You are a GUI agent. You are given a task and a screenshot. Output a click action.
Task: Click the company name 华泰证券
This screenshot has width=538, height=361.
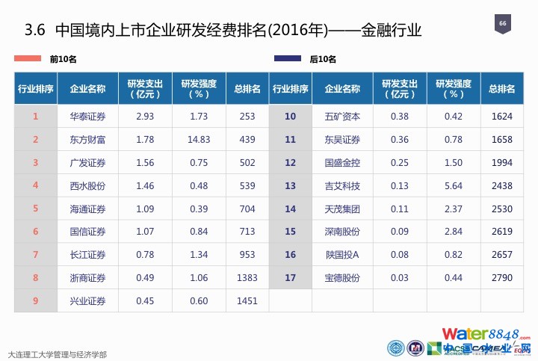click(x=87, y=116)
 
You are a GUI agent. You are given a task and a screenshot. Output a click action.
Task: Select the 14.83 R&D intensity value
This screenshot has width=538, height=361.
click(x=199, y=139)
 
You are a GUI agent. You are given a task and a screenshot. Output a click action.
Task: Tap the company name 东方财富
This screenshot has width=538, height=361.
click(x=87, y=139)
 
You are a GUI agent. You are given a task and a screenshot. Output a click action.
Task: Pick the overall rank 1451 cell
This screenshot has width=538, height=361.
click(x=247, y=301)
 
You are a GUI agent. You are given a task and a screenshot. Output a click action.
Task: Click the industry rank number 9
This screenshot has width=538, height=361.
click(x=35, y=301)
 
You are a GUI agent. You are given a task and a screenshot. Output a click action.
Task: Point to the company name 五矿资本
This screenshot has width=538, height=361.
click(x=342, y=116)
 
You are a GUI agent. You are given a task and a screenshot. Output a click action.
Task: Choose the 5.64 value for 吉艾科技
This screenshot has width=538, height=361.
click(x=453, y=185)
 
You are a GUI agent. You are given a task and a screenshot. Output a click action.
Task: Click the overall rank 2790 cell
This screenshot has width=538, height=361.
click(x=502, y=278)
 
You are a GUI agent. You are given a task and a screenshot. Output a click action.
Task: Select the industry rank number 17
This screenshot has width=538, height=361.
click(x=290, y=278)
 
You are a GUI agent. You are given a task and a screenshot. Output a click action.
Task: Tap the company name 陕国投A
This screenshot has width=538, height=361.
click(x=342, y=255)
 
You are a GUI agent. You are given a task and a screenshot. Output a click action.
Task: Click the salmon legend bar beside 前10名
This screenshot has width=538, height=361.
click(x=28, y=58)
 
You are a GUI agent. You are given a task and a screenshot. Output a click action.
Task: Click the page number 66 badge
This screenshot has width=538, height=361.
click(x=502, y=25)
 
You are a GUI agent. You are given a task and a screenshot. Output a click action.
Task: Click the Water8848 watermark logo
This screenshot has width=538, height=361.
click(x=485, y=334)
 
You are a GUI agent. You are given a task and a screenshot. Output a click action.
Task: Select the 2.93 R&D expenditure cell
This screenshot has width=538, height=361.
click(x=145, y=116)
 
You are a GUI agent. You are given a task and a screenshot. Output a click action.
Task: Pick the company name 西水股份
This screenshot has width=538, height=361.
click(x=87, y=185)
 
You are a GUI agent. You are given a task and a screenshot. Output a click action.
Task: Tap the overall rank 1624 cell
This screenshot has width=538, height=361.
click(x=502, y=116)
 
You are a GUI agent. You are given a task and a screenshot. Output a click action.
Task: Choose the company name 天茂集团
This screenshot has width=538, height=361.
click(x=342, y=209)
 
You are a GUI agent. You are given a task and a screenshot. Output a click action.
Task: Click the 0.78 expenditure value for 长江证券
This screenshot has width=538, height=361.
click(x=145, y=255)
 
